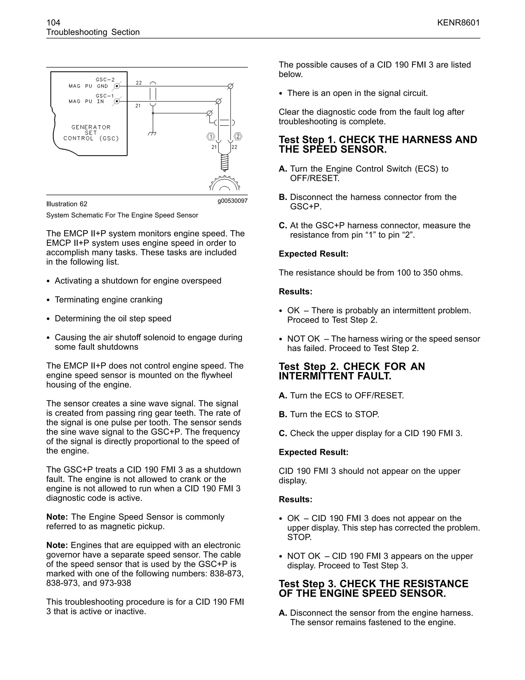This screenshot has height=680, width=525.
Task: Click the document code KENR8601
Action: click(458, 23)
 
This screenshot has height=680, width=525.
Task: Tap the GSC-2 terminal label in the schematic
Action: click(105, 80)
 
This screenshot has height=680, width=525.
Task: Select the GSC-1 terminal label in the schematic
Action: click(105, 96)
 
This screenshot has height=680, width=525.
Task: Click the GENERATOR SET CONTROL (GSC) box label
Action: click(91, 133)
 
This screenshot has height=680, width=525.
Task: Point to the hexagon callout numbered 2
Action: click(238, 136)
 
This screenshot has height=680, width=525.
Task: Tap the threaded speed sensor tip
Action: click(225, 162)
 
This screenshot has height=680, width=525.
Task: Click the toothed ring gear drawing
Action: click(225, 184)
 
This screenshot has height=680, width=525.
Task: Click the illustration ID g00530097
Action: click(232, 201)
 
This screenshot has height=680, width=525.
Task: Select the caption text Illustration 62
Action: click(67, 204)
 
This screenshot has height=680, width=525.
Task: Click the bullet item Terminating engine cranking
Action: click(108, 299)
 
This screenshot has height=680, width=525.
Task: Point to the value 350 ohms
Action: click(444, 273)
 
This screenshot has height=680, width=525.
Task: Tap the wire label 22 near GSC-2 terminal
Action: click(139, 83)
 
